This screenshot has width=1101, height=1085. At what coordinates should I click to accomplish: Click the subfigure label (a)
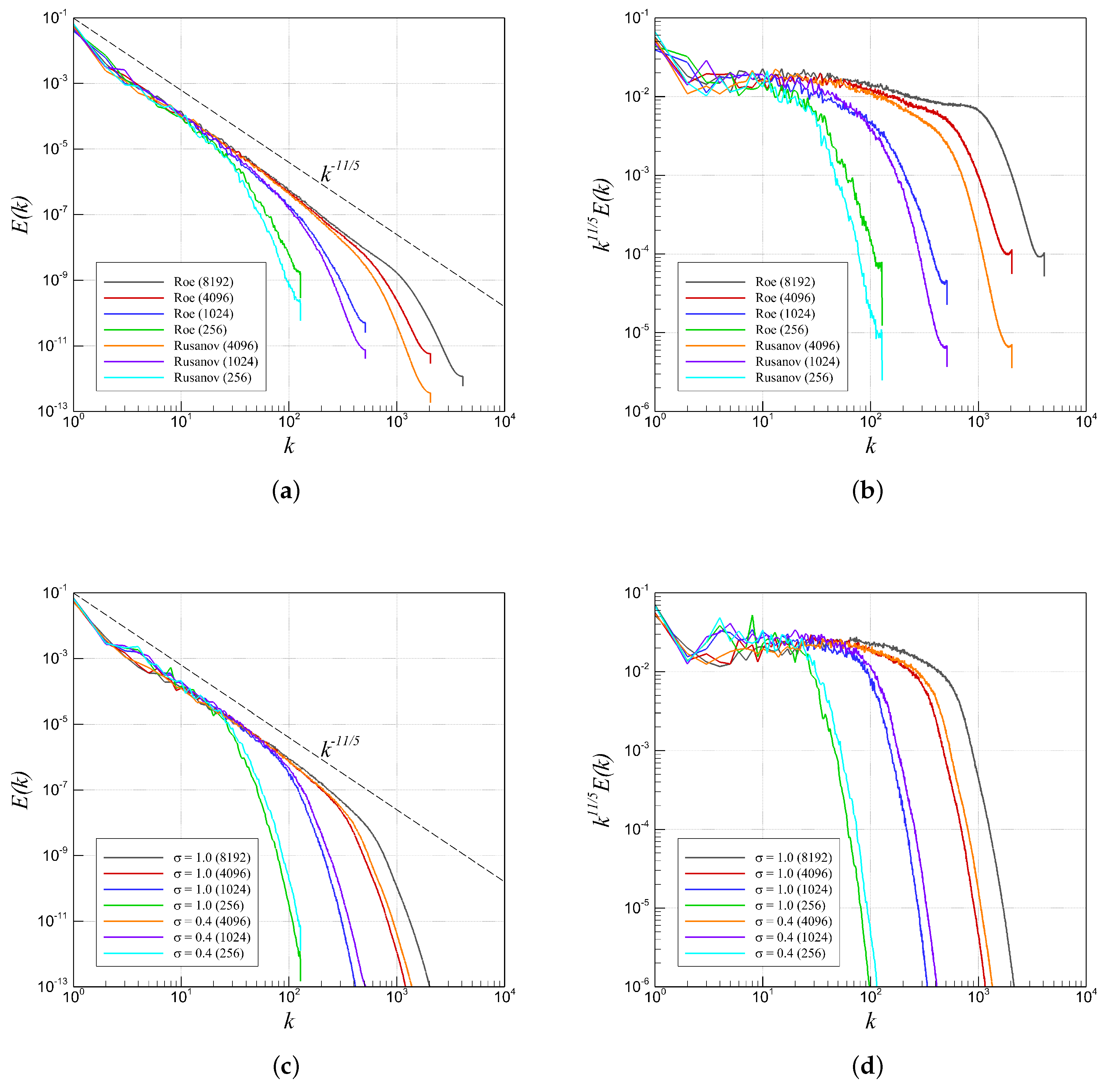(286, 491)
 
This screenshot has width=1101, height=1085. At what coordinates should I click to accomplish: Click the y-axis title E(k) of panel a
(22, 215)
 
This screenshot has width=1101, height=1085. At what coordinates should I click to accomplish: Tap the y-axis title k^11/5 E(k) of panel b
(601, 215)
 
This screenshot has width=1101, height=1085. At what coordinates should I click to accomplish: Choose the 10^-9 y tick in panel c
(55, 855)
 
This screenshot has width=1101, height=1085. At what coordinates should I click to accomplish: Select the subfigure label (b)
(867, 491)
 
